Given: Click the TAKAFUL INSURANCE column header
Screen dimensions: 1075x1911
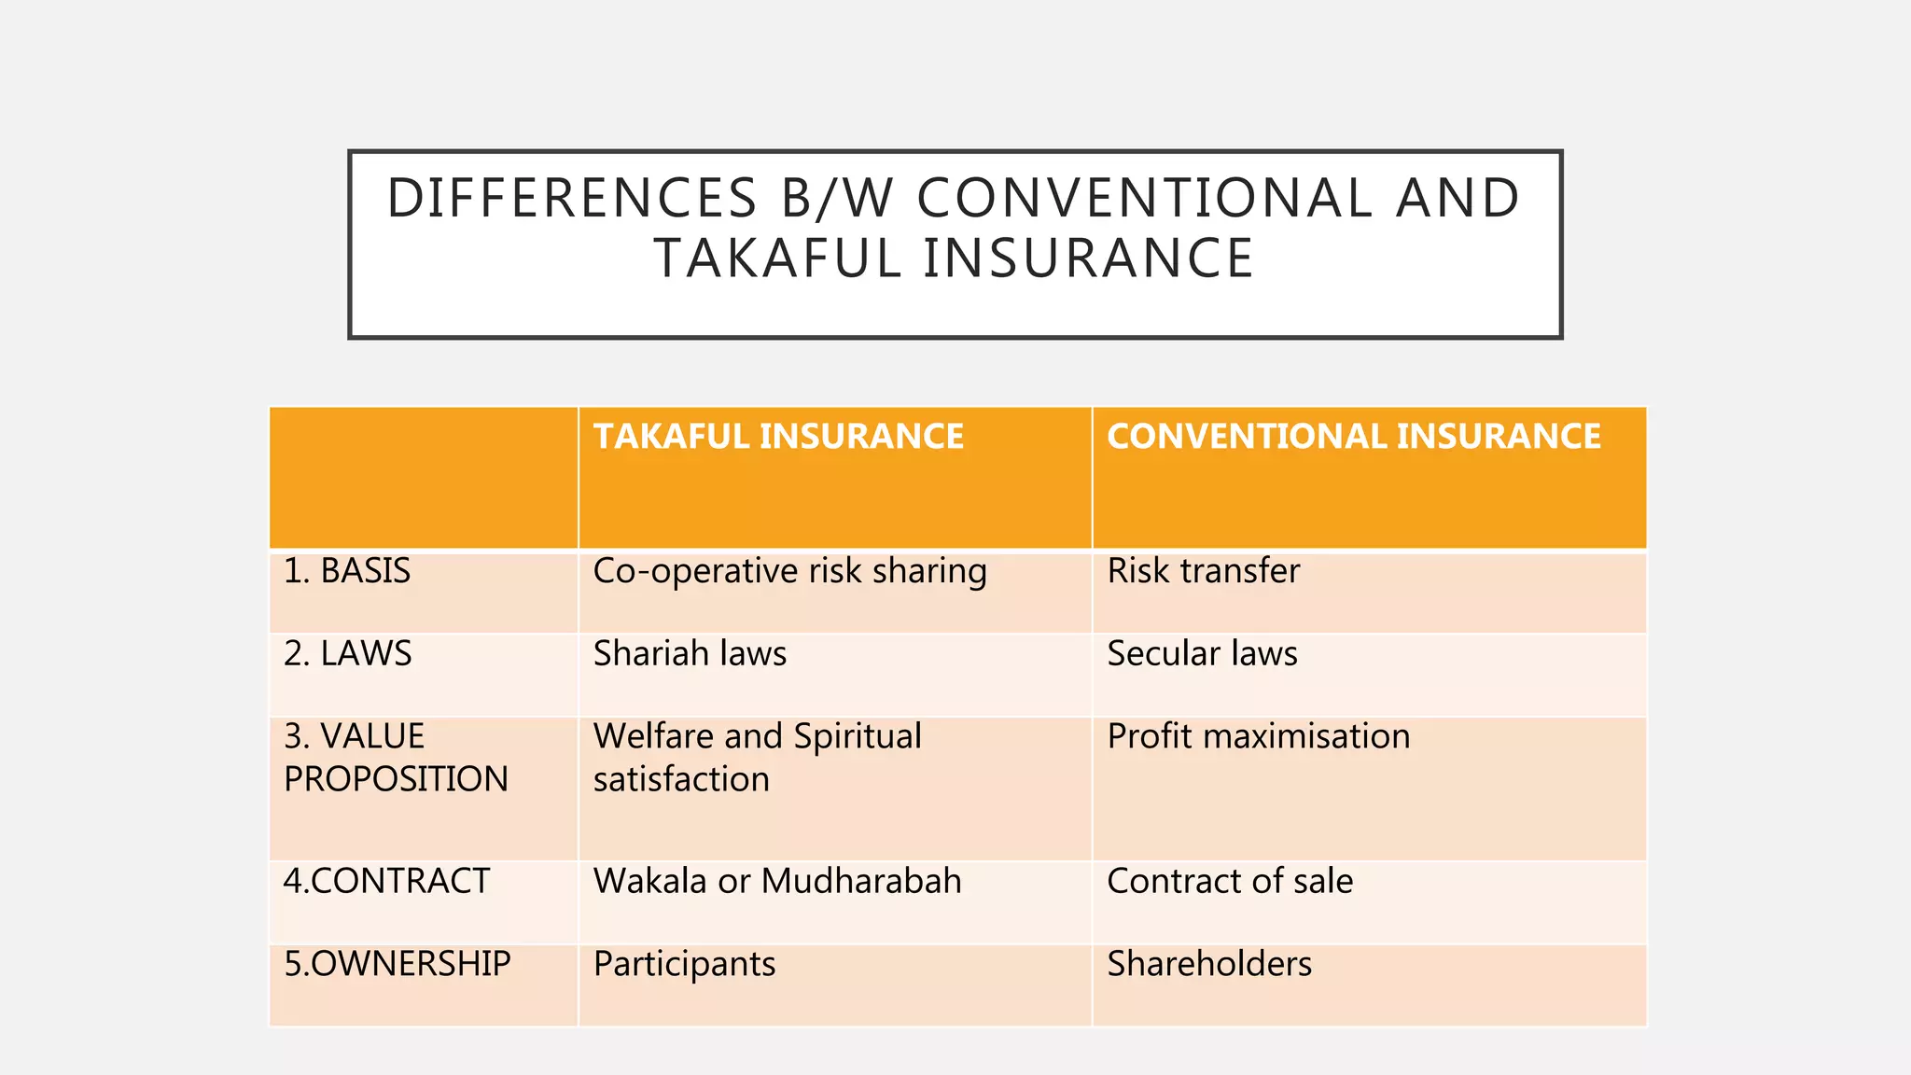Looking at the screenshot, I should click(x=778, y=437).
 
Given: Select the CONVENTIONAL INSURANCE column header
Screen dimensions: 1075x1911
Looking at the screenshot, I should click(x=1353, y=437).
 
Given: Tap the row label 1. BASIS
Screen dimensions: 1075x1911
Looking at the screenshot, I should click(x=347, y=571).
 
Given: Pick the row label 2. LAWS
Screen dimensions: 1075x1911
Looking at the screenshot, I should click(x=347, y=653).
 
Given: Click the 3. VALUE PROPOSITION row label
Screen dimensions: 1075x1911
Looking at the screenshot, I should click(x=396, y=758).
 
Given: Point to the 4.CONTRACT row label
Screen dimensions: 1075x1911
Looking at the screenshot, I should click(x=386, y=881).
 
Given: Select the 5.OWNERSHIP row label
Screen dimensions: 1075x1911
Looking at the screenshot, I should click(x=398, y=964).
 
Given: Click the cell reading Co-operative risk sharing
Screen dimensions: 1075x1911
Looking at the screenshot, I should click(x=789, y=571).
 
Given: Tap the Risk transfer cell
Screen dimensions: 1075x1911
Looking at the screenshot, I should click(x=1203, y=571).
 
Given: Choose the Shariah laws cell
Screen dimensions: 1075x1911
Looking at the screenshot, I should click(x=690, y=653).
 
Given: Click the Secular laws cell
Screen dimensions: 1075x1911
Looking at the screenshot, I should click(x=1202, y=653).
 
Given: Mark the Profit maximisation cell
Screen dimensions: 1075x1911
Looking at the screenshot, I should click(x=1258, y=736).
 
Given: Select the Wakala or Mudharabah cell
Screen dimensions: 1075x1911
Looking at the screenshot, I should click(x=777, y=881).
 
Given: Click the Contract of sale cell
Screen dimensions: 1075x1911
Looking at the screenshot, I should click(x=1230, y=881).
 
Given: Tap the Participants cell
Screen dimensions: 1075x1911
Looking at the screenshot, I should click(x=684, y=964).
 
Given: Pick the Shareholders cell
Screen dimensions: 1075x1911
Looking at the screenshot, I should click(x=1209, y=964).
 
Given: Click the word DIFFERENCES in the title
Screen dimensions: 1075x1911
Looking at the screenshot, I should click(x=572, y=199).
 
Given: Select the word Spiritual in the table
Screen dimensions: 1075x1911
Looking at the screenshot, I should click(x=858, y=736).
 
